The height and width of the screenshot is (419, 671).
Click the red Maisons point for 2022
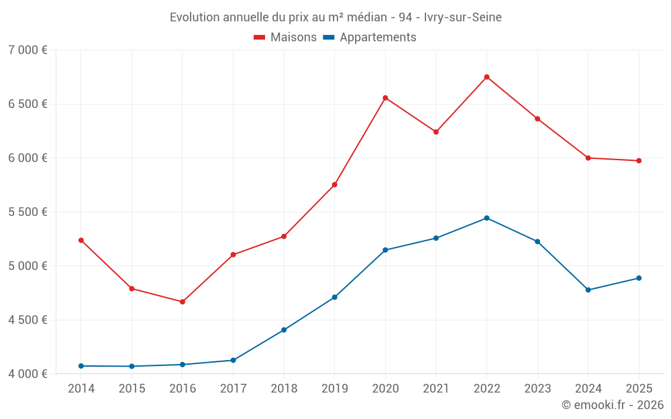486,77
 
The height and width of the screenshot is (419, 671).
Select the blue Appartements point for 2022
486,218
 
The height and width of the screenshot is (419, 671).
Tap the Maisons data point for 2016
183,302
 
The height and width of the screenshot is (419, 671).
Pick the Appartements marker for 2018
284,330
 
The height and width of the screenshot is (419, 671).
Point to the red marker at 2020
385,98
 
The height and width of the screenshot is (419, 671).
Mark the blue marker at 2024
588,290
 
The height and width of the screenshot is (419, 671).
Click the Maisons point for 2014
81,240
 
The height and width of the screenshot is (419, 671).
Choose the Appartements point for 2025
639,278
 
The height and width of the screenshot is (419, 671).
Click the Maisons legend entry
285,37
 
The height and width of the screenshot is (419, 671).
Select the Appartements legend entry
370,37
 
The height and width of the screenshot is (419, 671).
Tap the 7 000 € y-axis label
28,50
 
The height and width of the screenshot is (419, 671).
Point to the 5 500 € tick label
28,212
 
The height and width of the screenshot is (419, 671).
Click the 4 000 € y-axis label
28,373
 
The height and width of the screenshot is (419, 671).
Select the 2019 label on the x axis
335,388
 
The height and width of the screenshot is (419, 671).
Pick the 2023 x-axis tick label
537,388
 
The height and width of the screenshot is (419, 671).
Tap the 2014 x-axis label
81,388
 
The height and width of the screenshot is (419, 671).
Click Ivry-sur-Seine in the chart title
462,17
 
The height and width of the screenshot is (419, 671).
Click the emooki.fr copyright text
613,404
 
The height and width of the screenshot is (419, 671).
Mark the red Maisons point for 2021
436,132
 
